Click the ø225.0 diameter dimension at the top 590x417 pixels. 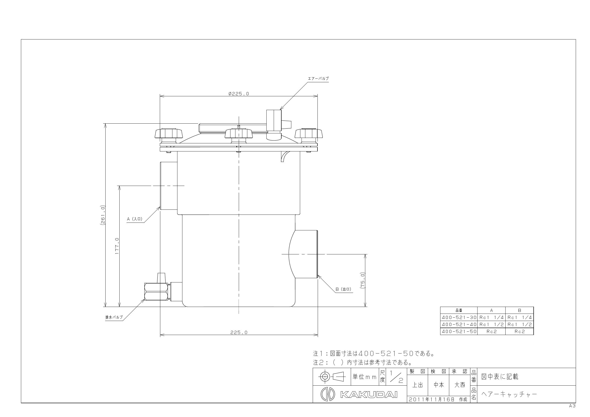[x=239, y=94]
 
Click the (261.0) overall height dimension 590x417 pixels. [x=102, y=215]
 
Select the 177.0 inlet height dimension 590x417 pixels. [x=117, y=246]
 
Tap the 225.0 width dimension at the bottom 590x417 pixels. [x=239, y=332]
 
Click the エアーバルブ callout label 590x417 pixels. [x=318, y=79]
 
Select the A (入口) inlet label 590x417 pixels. [x=135, y=219]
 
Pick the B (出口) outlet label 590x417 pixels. [x=343, y=289]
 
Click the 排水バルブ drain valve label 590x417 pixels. [x=114, y=317]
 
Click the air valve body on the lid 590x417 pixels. [x=274, y=121]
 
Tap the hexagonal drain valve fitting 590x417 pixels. [x=156, y=292]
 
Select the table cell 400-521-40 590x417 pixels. [x=459, y=325]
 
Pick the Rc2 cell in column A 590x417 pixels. [x=491, y=331]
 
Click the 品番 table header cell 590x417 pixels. [x=459, y=310]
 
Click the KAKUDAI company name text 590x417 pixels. [x=369, y=394]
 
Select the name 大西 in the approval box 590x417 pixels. [x=460, y=385]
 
